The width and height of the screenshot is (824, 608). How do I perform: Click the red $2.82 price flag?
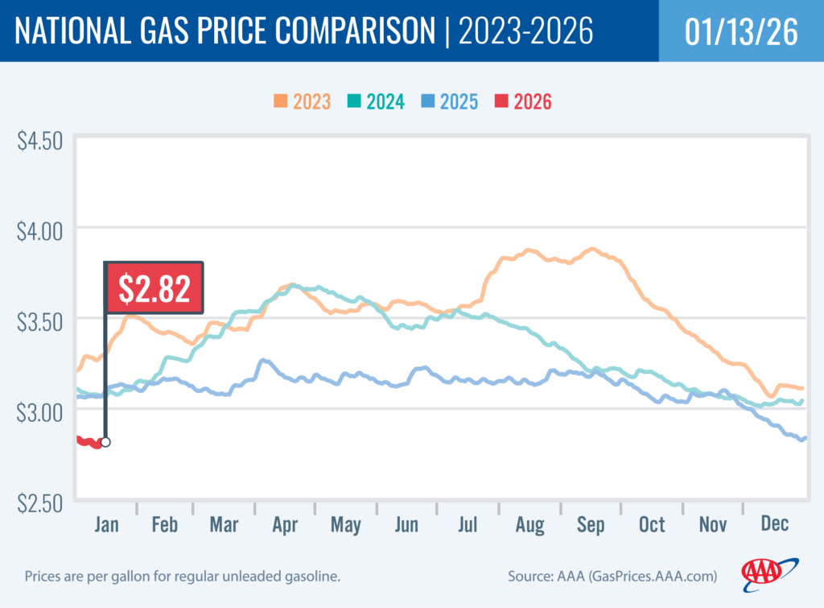click(154, 287)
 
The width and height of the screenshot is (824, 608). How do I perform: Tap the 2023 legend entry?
click(301, 101)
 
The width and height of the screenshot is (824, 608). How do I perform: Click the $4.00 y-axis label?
click(39, 231)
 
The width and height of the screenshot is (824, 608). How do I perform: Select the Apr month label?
click(285, 524)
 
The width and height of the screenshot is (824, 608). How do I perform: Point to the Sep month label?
click(590, 524)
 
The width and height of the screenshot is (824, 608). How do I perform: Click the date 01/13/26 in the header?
click(741, 31)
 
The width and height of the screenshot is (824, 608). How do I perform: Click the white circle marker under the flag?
click(105, 442)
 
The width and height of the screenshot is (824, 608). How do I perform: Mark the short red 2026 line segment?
click(89, 441)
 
